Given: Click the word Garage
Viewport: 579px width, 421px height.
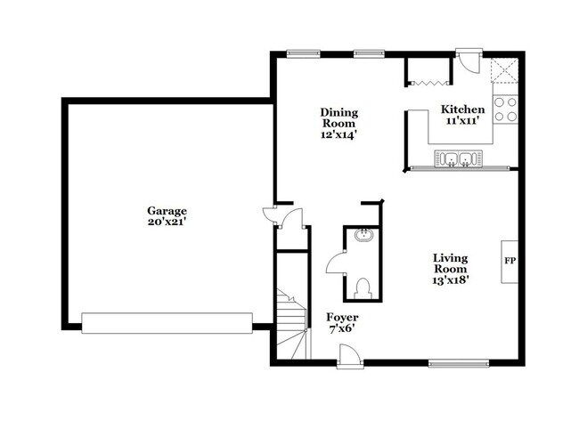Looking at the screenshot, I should pos(167,211).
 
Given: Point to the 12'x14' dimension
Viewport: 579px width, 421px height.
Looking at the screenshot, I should pos(339,136).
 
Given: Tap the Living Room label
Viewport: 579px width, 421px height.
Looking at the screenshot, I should pos(449,262).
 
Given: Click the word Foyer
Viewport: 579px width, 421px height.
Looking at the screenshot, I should pos(341,317).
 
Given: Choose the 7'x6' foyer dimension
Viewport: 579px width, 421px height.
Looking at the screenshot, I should pos(341,328).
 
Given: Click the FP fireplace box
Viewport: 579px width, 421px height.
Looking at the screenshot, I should pos(510,262).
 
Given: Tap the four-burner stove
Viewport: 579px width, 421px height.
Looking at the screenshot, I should pos(505,109).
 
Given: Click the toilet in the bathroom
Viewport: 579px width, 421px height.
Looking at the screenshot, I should pos(362,287).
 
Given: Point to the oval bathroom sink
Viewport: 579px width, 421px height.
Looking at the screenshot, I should pos(362,236).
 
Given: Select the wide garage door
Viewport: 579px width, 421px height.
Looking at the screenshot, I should pos(167,322).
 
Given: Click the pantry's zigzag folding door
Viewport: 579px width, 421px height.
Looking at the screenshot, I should pos(424,84).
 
